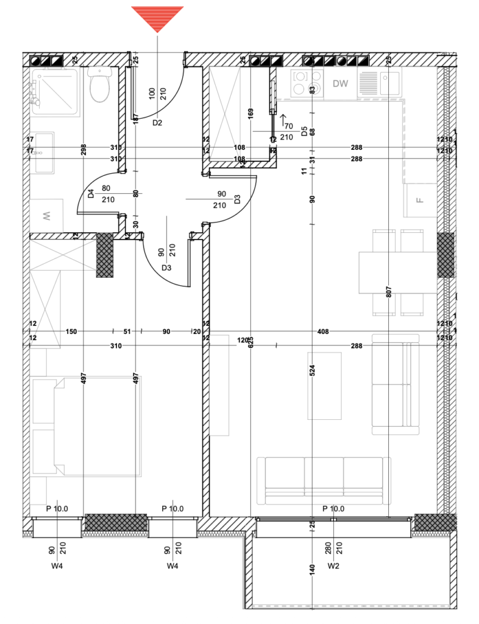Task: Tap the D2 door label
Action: click(157, 122)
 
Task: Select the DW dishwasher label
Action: click(340, 84)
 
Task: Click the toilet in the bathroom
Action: click(99, 85)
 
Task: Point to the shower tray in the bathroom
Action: click(54, 91)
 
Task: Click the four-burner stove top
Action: click(307, 83)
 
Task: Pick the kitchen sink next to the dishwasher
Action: click(380, 82)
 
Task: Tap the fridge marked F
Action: click(419, 200)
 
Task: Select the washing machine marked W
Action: click(46, 216)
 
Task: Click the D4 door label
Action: click(91, 194)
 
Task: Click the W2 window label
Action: click(333, 566)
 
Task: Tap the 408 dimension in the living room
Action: click(323, 331)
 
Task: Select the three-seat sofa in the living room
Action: click(324, 480)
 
